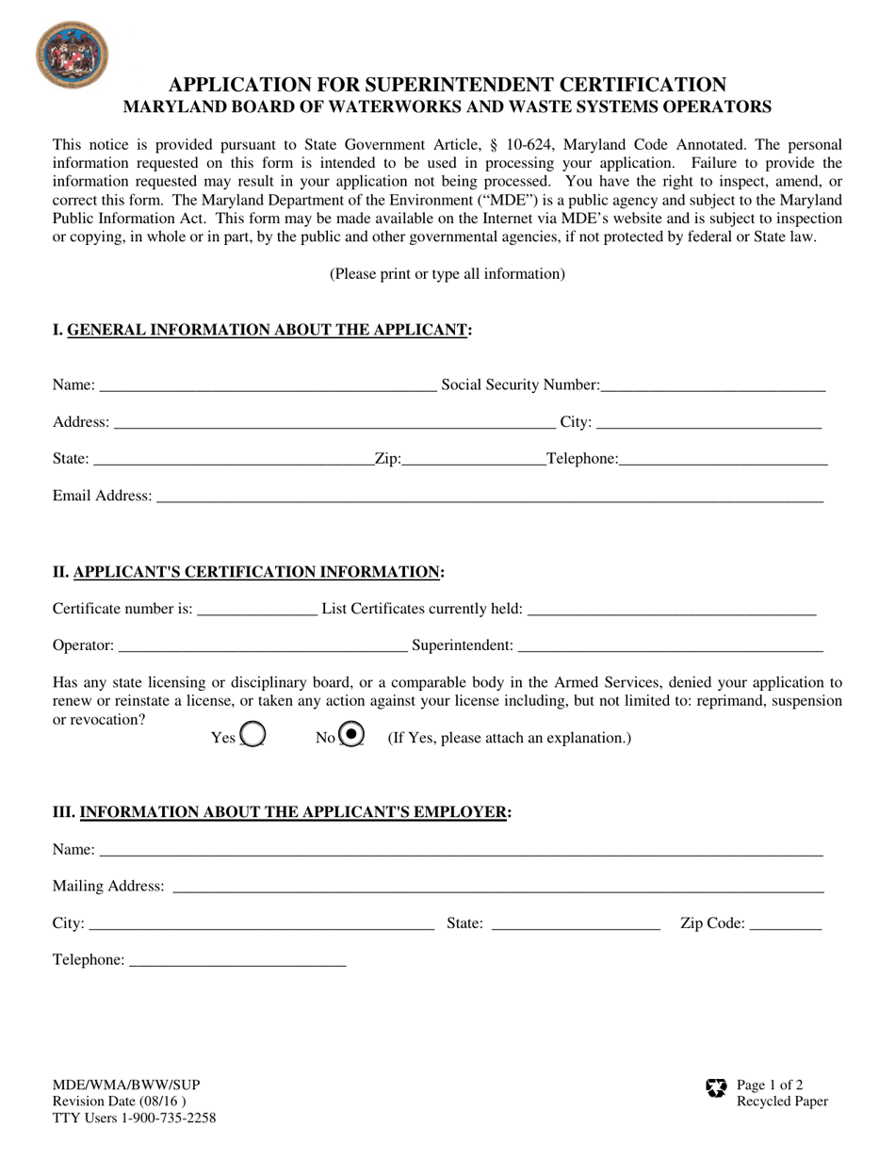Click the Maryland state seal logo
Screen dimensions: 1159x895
point(71,56)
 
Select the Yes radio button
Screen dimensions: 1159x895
point(252,734)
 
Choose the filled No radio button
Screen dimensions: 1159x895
point(351,734)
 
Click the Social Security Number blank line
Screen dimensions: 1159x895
point(713,385)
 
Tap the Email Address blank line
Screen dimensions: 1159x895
point(489,497)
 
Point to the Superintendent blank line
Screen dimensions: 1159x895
point(671,646)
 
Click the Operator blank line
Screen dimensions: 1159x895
point(263,646)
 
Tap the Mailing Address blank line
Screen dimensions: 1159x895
point(498,887)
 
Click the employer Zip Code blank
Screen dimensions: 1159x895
point(786,924)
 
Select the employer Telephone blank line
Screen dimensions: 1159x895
point(237,960)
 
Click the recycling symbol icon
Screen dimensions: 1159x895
point(716,1089)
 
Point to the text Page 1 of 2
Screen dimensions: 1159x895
point(770,1085)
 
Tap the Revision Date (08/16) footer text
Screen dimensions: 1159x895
point(119,1102)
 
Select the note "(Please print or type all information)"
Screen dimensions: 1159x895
point(447,274)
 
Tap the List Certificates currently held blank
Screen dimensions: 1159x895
point(672,610)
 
